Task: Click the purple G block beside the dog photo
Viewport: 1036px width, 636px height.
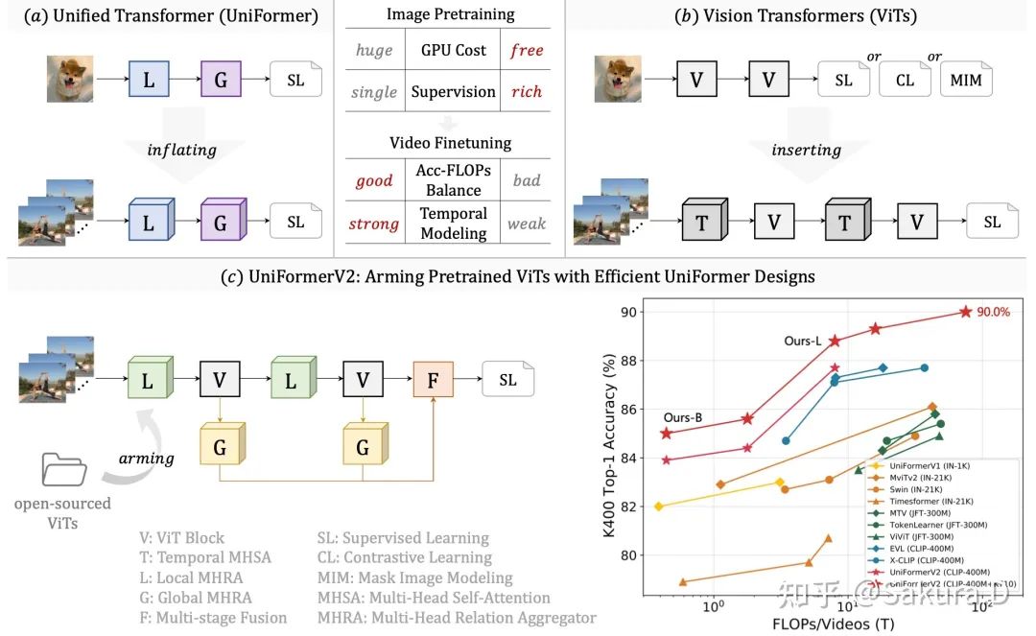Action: (x=221, y=80)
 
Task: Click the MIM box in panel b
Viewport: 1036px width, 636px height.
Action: (x=966, y=80)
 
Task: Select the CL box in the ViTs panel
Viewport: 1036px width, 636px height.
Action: (x=905, y=80)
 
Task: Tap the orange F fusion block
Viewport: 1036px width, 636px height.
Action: (x=434, y=380)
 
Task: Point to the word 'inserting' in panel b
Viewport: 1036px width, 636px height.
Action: (x=806, y=150)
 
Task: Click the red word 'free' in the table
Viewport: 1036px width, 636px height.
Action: (x=527, y=50)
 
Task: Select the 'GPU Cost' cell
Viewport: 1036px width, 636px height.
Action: (x=453, y=50)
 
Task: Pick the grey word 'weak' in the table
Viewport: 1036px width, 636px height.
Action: (x=526, y=224)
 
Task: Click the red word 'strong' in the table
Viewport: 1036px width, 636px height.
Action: (x=373, y=224)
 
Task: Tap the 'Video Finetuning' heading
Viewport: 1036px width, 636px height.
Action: (x=450, y=143)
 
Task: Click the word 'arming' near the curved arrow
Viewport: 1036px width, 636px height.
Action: (x=146, y=458)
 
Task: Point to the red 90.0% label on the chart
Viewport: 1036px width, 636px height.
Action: (x=994, y=311)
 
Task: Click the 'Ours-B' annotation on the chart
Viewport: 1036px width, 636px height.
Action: (x=682, y=417)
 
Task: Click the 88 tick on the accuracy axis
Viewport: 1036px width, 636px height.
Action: (x=628, y=361)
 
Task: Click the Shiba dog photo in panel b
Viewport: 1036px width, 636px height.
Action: (x=618, y=80)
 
